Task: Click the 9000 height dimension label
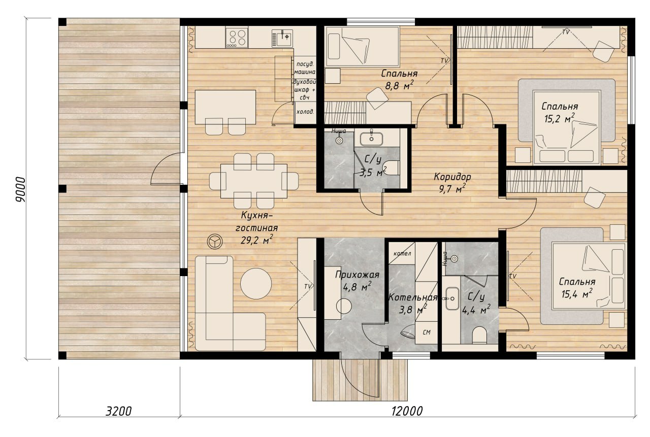[x=21, y=190]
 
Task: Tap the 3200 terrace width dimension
[x=118, y=411]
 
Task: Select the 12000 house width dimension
[x=407, y=411]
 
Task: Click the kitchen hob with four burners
[x=237, y=37]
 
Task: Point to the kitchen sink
[x=282, y=38]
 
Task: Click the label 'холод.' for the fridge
[x=305, y=112]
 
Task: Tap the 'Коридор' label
[x=452, y=177]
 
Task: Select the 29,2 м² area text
[x=256, y=240]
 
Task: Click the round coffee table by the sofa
[x=255, y=284]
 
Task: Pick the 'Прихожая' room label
[x=357, y=275]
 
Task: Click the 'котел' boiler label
[x=402, y=253]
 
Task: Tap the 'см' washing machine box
[x=426, y=332]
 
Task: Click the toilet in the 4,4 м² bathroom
[x=479, y=335]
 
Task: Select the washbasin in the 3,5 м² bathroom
[x=371, y=139]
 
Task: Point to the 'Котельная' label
[x=413, y=297]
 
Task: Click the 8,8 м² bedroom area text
[x=399, y=86]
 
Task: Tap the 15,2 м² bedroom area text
[x=559, y=118]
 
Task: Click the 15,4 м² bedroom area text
[x=576, y=294]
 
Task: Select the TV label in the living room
[x=308, y=286]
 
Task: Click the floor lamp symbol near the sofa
[x=215, y=241]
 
